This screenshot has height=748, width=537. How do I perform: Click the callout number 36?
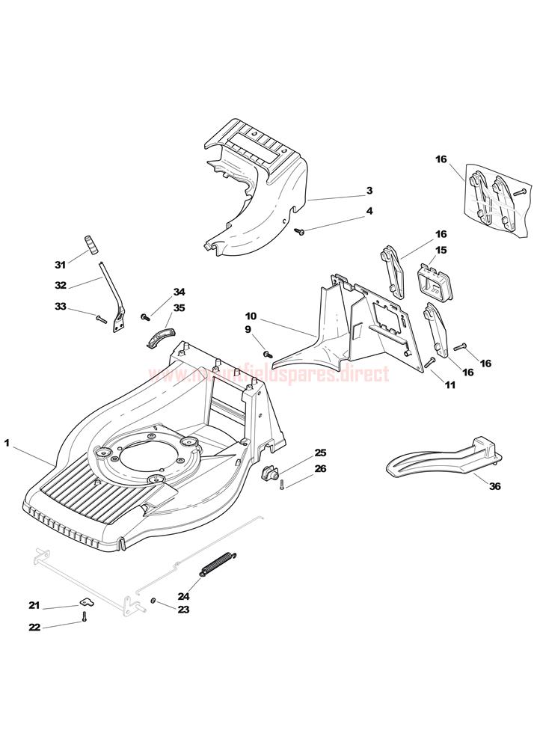(x=494, y=486)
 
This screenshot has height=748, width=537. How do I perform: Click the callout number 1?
(x=7, y=444)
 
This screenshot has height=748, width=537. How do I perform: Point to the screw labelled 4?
(x=299, y=233)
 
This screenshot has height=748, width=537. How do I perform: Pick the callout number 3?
(x=369, y=191)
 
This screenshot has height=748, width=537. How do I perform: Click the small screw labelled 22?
(x=85, y=617)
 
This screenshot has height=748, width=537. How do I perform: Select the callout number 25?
(x=320, y=453)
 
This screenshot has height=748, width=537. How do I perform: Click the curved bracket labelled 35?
(x=158, y=333)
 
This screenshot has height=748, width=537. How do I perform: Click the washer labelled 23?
(x=153, y=601)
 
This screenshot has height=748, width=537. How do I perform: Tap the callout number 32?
(x=61, y=285)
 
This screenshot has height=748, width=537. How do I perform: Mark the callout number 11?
(x=449, y=385)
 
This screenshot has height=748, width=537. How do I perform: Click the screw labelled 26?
(x=281, y=486)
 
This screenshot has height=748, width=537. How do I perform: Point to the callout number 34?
(x=179, y=292)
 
